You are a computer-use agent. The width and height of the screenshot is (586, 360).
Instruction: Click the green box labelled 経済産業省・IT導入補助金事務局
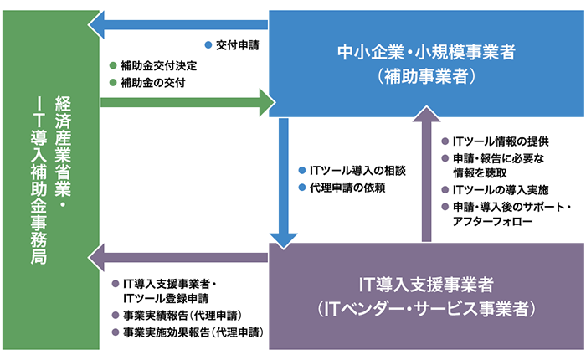(50, 180)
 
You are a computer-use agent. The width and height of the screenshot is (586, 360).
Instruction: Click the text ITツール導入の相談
(357, 169)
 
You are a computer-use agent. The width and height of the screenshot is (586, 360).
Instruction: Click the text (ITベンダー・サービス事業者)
(426, 308)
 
